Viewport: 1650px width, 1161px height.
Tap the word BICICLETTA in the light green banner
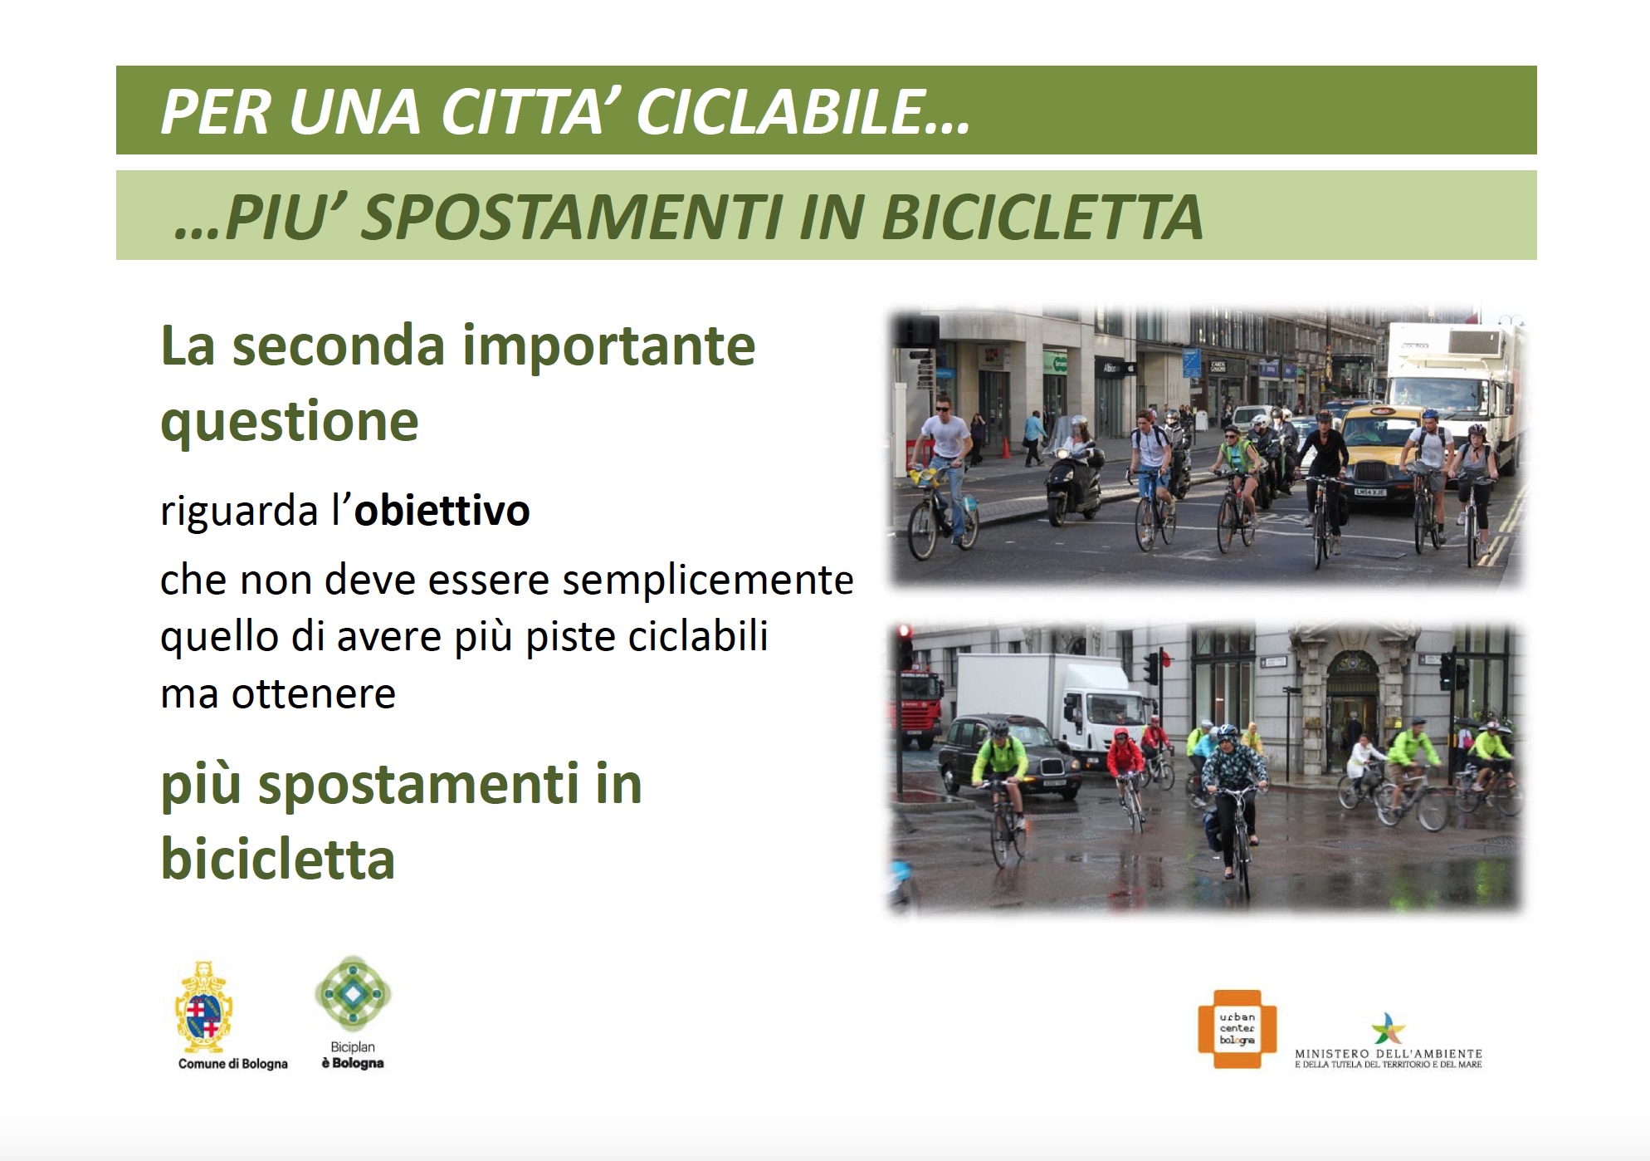click(x=1042, y=218)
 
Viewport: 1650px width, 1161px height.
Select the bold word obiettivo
click(x=442, y=510)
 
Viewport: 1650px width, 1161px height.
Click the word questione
click(x=290, y=422)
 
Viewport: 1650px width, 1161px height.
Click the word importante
click(x=608, y=345)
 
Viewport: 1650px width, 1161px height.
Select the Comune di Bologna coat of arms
click(x=203, y=1007)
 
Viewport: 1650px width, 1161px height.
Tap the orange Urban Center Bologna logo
click(x=1237, y=1029)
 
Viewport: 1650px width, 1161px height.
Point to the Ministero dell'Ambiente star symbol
click(x=1389, y=1028)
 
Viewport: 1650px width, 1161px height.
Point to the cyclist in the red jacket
click(x=1125, y=776)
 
